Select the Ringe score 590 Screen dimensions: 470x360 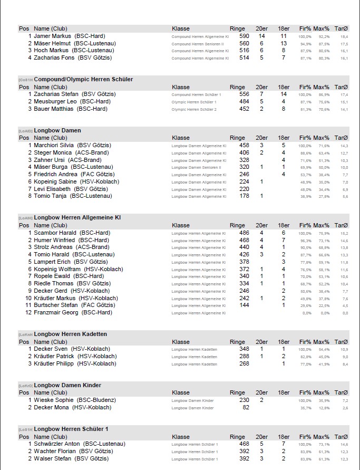[x=244, y=36]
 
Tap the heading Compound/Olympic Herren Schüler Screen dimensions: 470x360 [x=83, y=79]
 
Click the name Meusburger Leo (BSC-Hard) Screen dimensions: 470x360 [x=72, y=101]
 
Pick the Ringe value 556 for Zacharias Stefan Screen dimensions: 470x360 [x=244, y=94]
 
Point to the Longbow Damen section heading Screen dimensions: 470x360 [x=57, y=130]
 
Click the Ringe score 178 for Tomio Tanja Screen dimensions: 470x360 [x=244, y=196]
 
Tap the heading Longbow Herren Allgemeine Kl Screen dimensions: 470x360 [x=77, y=217]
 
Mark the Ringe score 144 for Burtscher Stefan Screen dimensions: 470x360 [x=244, y=305]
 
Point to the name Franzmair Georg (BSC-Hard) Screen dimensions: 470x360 [x=73, y=313]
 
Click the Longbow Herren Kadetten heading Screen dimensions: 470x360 [x=70, y=334]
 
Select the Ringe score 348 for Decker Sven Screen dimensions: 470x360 [x=244, y=349]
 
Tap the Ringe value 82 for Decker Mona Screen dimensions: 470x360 [x=246, y=407]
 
